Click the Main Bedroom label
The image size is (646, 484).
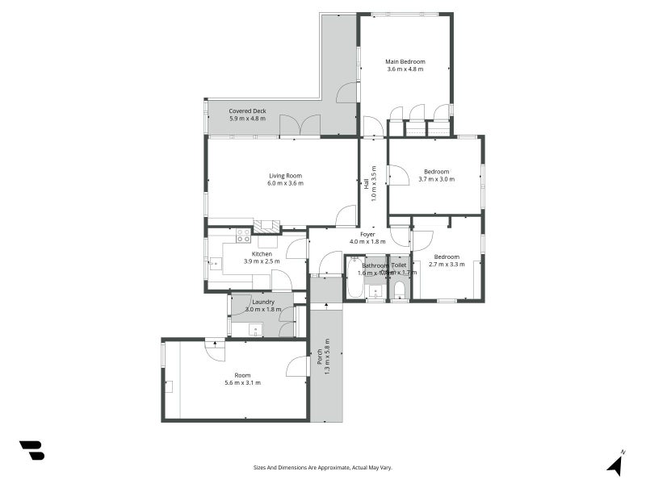(x=405, y=61)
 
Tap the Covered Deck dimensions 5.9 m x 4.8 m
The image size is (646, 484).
(x=247, y=119)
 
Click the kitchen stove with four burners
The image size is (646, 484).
(x=242, y=236)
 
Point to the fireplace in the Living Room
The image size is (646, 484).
(x=266, y=227)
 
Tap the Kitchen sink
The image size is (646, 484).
(x=215, y=262)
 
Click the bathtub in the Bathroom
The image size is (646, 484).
(x=354, y=277)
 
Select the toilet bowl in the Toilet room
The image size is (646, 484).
(x=399, y=290)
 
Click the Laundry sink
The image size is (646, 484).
(x=254, y=328)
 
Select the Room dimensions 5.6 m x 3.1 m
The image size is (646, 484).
(x=242, y=382)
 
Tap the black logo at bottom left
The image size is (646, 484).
(x=31, y=450)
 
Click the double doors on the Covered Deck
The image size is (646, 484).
(x=300, y=126)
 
